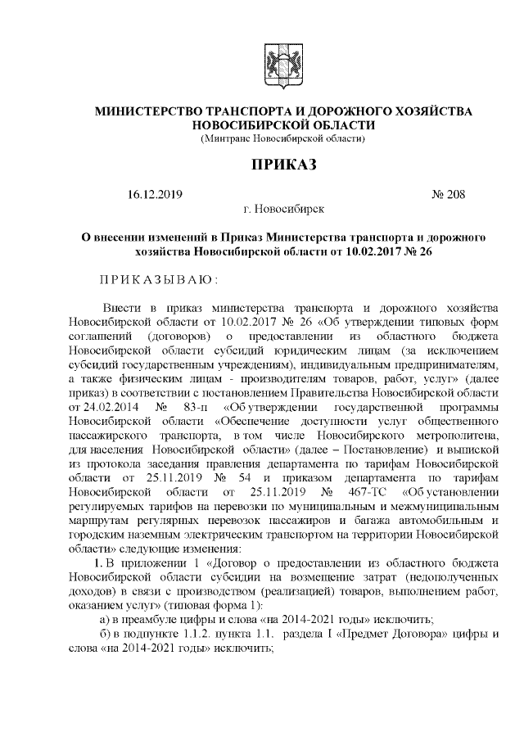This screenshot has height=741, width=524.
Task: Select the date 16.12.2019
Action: (x=155, y=195)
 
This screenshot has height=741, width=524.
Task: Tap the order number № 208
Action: (x=447, y=195)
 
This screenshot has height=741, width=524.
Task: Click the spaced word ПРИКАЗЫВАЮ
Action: (x=156, y=280)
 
